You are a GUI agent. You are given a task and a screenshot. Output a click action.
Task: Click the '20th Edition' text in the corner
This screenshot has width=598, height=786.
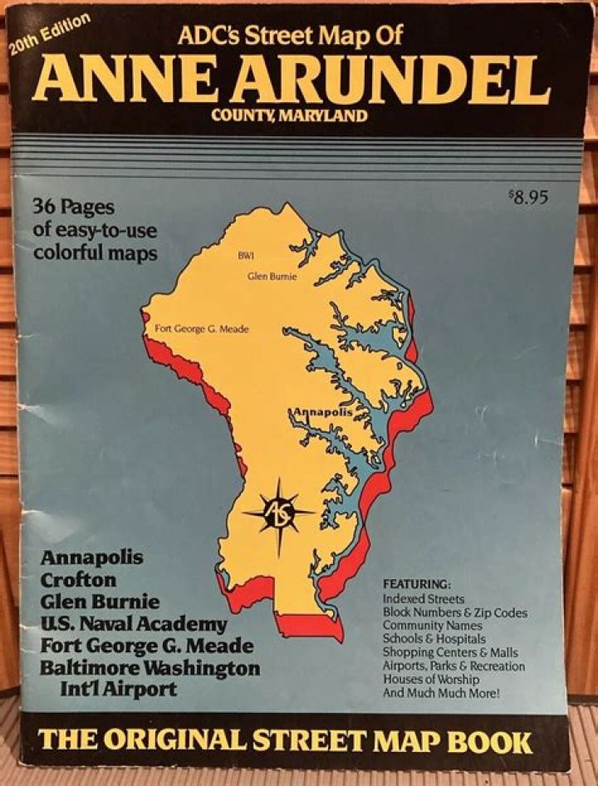point(50,34)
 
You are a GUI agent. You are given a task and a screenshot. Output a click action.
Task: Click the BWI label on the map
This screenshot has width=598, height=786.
point(245,255)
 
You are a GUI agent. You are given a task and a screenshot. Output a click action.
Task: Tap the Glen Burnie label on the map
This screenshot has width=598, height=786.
point(272,276)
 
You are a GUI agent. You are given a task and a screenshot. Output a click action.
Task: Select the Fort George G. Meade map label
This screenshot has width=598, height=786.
point(202,329)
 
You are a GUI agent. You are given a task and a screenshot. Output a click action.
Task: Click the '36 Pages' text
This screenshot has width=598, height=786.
point(74,206)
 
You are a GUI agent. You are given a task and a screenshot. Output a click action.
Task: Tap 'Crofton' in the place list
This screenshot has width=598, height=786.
point(79,579)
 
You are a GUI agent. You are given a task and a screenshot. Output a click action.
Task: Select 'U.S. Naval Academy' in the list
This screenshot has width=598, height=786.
point(134,622)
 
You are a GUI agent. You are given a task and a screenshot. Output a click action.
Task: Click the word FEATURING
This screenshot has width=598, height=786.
point(417,583)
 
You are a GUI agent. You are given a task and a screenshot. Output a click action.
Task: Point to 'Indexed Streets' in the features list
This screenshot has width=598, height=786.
point(424,598)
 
